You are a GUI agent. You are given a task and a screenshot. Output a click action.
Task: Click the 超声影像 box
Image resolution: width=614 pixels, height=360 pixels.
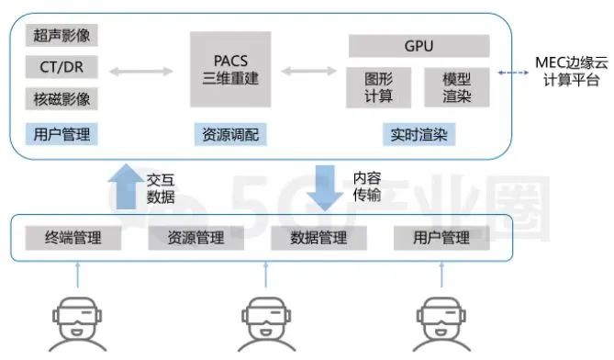tap(62, 37)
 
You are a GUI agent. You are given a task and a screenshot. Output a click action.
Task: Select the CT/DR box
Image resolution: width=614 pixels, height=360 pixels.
tap(62, 68)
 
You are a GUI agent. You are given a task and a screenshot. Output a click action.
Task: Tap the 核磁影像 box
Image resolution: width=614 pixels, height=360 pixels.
tap(62, 98)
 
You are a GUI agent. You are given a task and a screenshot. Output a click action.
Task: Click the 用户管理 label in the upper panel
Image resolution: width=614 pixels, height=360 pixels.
tap(62, 134)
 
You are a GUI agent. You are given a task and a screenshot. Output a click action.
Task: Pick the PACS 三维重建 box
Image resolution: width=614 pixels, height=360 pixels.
tap(230, 69)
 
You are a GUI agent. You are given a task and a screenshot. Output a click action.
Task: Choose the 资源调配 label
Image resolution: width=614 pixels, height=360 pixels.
tap(230, 134)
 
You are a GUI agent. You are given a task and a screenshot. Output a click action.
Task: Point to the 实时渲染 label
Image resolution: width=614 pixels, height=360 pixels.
tap(419, 134)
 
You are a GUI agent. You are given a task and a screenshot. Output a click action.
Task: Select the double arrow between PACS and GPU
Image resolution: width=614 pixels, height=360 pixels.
tap(308, 71)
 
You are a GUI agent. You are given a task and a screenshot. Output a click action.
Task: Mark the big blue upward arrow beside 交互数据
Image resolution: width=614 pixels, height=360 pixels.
tap(124, 186)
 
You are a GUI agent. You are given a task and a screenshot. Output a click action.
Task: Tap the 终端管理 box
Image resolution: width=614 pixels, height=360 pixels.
tap(73, 238)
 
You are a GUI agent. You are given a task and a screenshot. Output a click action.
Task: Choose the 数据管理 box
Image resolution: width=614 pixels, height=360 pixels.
tap(318, 238)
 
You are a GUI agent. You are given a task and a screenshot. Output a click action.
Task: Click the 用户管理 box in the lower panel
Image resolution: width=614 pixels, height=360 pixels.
tap(441, 238)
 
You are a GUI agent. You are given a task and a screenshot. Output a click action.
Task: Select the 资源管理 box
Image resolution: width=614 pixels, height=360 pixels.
tap(195, 238)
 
